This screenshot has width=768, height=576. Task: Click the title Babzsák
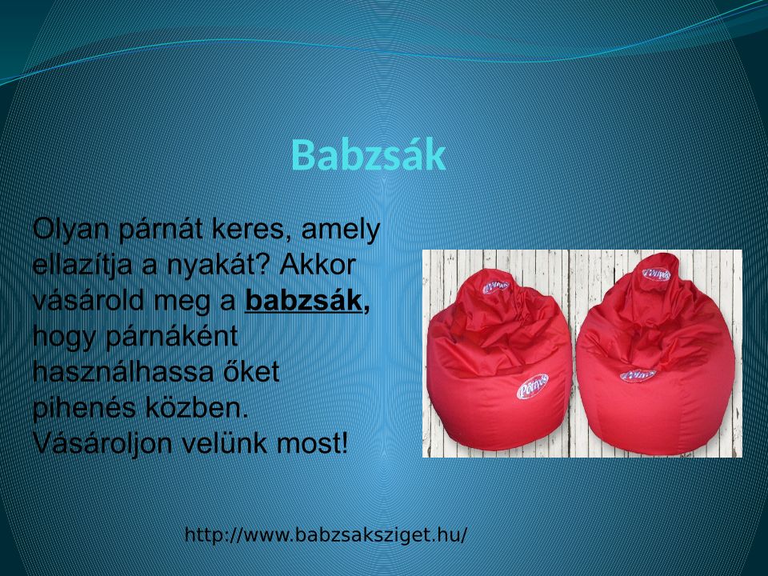(x=368, y=154)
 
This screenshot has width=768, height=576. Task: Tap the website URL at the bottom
(x=326, y=534)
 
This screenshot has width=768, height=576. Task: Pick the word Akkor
(x=318, y=265)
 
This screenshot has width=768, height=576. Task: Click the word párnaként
(x=172, y=337)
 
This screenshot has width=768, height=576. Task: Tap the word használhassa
(x=123, y=372)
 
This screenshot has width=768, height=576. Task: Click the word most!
(x=312, y=443)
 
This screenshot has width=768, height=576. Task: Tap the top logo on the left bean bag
(x=496, y=286)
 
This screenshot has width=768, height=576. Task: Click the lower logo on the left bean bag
(x=533, y=386)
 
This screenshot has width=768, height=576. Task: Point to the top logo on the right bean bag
(x=656, y=274)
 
